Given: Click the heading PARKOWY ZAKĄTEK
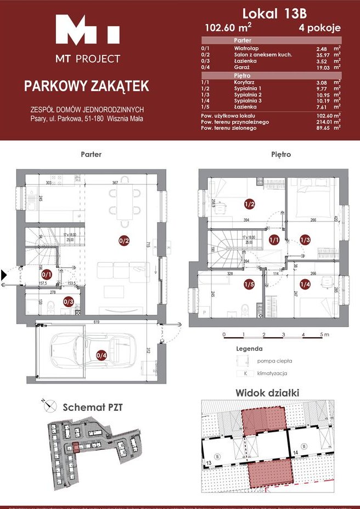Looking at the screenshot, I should [x=86, y=86].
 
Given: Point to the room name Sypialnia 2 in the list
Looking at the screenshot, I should [x=248, y=94].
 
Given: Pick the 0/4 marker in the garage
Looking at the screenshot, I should [x=101, y=355].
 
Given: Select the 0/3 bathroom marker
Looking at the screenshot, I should [x=69, y=301].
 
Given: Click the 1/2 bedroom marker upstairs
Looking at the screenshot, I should [x=249, y=205].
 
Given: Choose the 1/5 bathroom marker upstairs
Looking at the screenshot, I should [x=249, y=284].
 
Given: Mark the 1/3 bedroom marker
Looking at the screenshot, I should [x=305, y=239].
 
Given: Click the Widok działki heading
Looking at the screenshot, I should [x=267, y=393].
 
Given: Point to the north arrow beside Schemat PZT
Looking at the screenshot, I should [x=49, y=406].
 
